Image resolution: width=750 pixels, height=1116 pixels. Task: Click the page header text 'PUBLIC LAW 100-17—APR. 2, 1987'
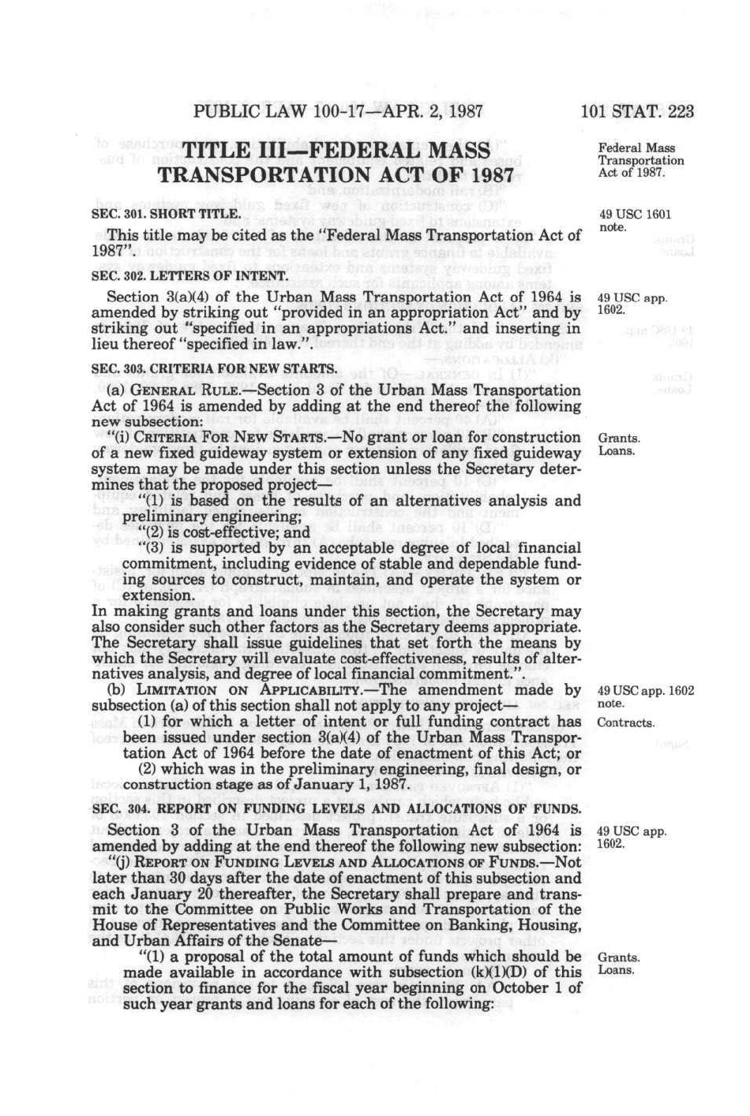point(338,110)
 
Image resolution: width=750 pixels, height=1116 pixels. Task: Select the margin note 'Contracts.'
point(626,722)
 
